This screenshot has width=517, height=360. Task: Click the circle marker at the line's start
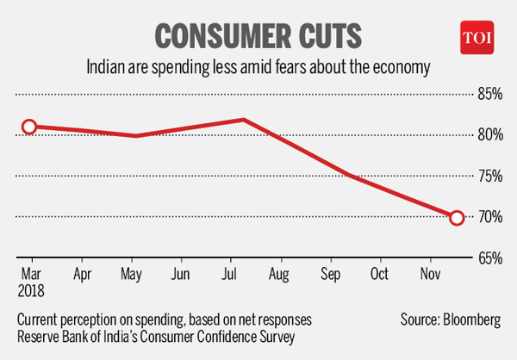(29, 127)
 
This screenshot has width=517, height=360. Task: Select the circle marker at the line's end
(457, 218)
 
